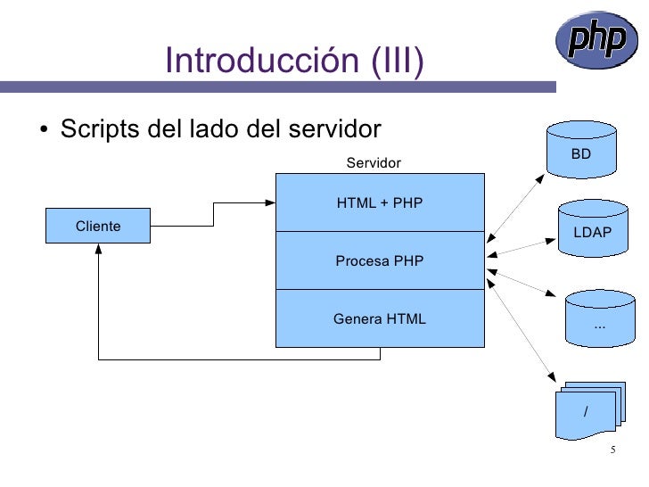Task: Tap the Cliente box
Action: pyautogui.click(x=98, y=227)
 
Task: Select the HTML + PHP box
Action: pyautogui.click(x=380, y=203)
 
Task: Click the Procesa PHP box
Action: pyautogui.click(x=380, y=261)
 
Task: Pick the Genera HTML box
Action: pyautogui.click(x=380, y=318)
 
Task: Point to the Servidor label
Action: pyautogui.click(x=374, y=163)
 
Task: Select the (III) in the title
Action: pyautogui.click(x=392, y=62)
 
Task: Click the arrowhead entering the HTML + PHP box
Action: pyautogui.click(x=271, y=203)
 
